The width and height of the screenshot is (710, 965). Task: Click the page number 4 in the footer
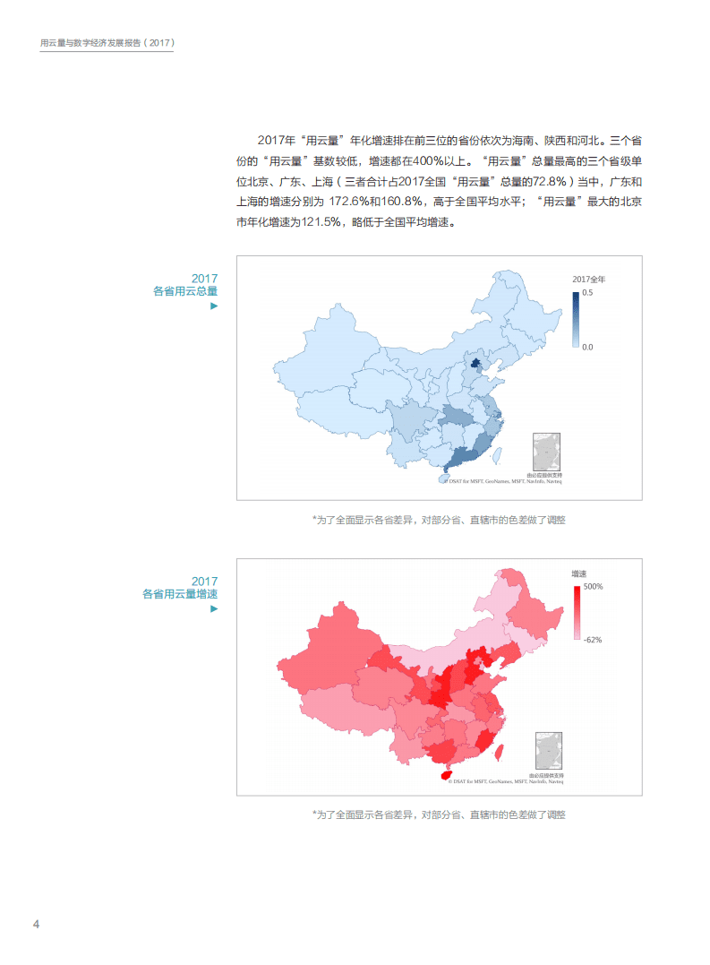point(36,924)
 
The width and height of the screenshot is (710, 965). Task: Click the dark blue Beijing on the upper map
point(476,364)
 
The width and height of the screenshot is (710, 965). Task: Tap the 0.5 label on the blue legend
point(587,293)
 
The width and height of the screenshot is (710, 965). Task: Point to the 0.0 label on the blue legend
point(587,347)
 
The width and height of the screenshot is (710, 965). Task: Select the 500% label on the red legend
point(594,587)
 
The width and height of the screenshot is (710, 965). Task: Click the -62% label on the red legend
point(593,640)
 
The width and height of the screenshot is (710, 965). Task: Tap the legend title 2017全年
point(589,280)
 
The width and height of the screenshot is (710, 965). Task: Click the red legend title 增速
point(580,573)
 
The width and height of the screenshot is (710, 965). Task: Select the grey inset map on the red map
point(548,751)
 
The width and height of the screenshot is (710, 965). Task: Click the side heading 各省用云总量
point(185,291)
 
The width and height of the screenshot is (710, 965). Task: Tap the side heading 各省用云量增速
point(180,594)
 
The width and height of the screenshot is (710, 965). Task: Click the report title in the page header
point(107,42)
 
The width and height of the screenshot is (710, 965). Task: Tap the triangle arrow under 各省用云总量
point(213,306)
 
